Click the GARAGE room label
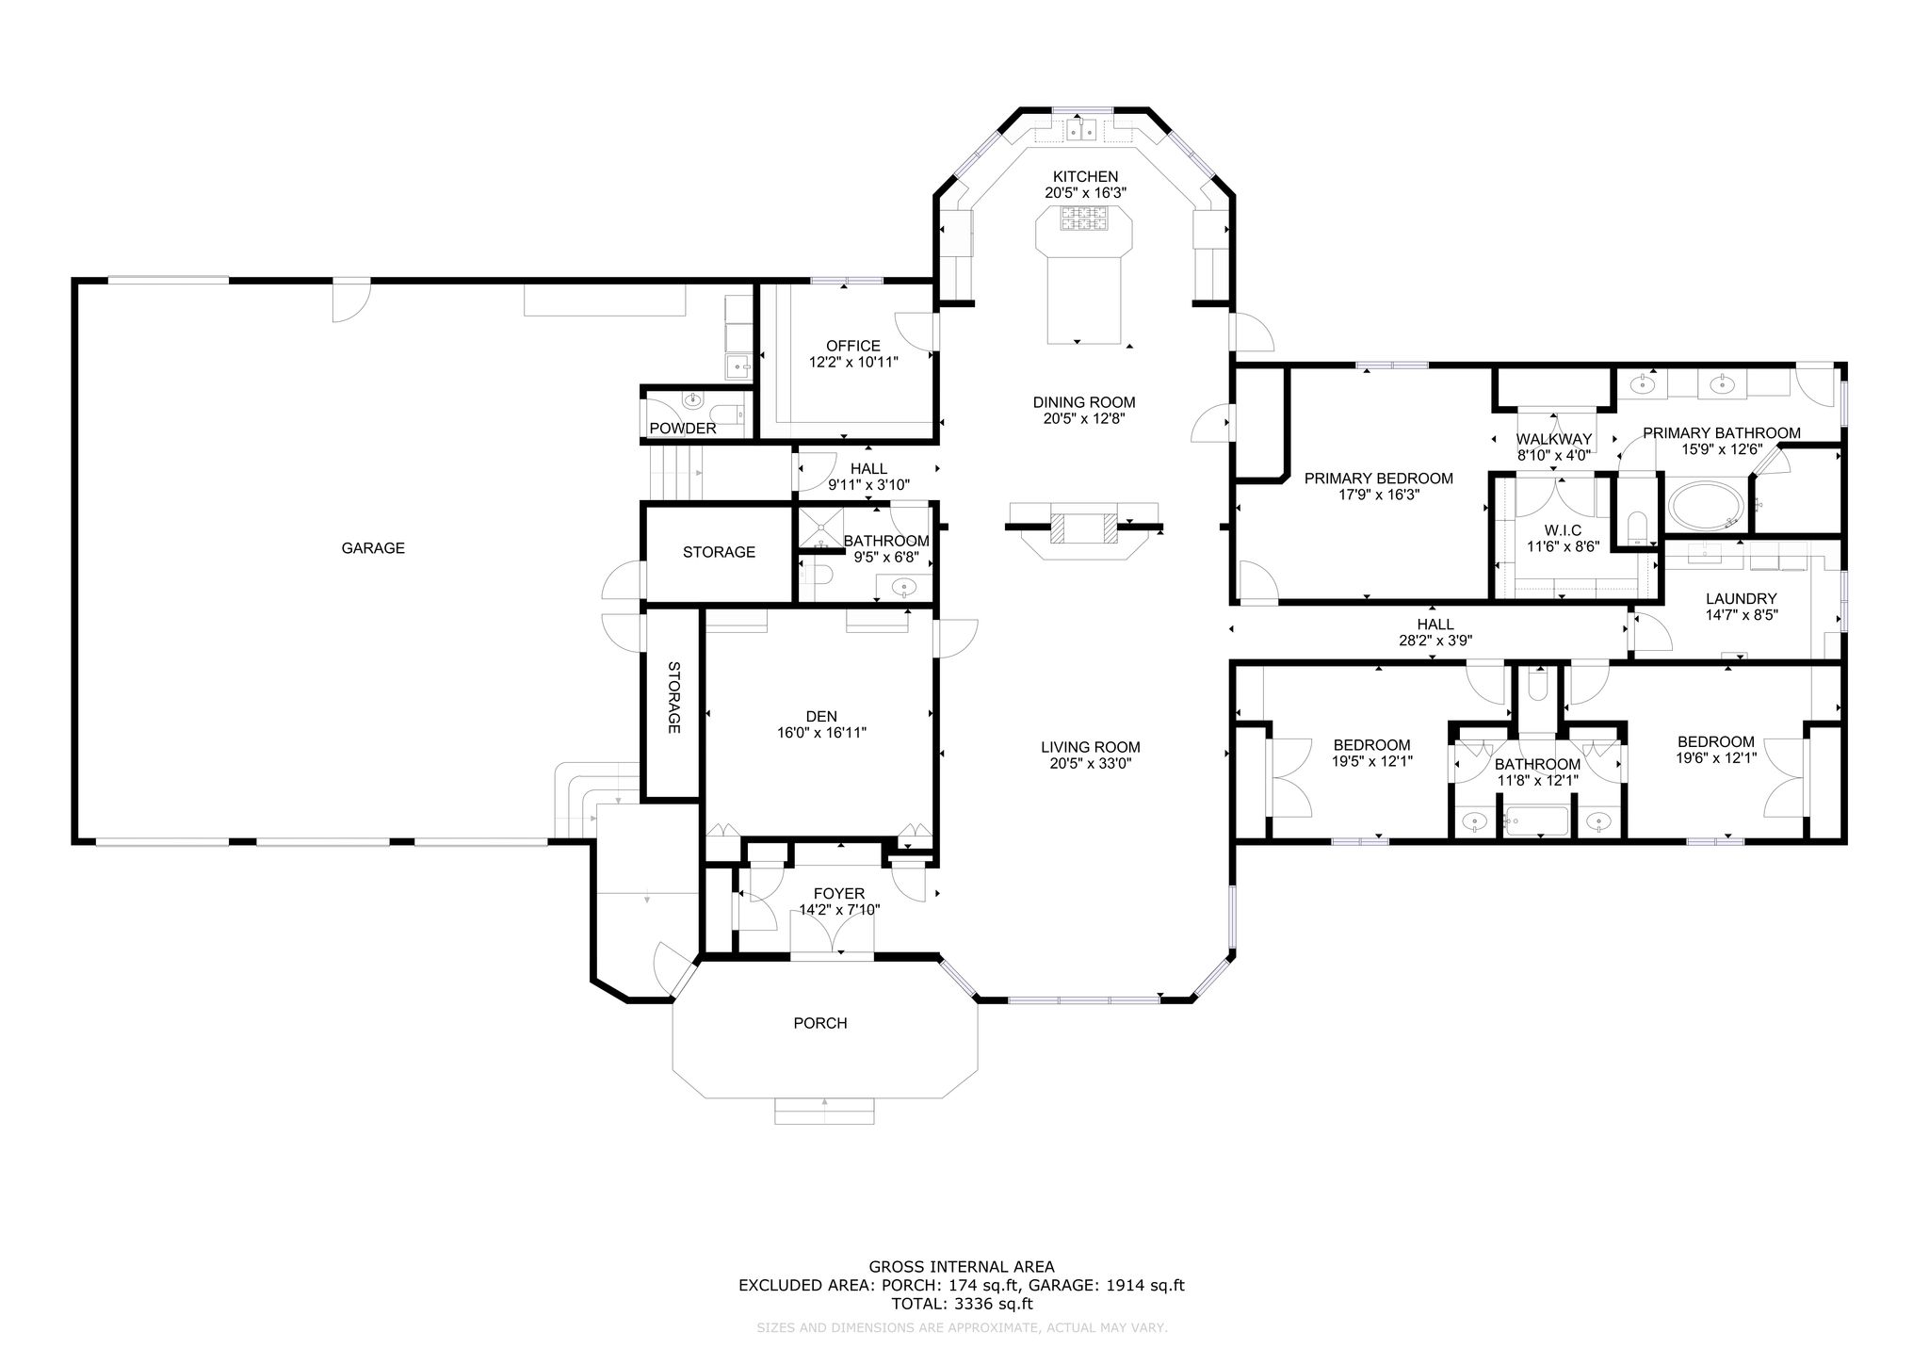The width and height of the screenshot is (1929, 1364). [373, 548]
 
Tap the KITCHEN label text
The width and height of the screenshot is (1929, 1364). [1085, 177]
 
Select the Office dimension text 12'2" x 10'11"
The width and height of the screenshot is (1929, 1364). [853, 362]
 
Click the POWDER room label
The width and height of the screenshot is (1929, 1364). [683, 429]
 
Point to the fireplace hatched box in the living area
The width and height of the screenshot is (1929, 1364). [1084, 528]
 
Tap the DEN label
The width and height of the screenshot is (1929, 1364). [821, 717]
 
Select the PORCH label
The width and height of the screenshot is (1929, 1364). [820, 1023]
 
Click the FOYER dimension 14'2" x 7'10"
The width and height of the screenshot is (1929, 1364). [839, 910]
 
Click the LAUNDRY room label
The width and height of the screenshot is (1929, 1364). [1742, 599]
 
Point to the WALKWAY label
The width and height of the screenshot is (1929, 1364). [1553, 439]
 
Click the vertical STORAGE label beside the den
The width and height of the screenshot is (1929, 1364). [674, 697]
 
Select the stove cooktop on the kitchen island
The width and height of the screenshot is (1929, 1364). [1084, 219]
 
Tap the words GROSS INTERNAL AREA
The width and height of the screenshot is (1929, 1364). [962, 1267]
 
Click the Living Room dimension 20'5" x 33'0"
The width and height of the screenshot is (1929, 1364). [1091, 763]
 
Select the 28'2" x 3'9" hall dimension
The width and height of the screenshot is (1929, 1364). [1435, 641]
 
